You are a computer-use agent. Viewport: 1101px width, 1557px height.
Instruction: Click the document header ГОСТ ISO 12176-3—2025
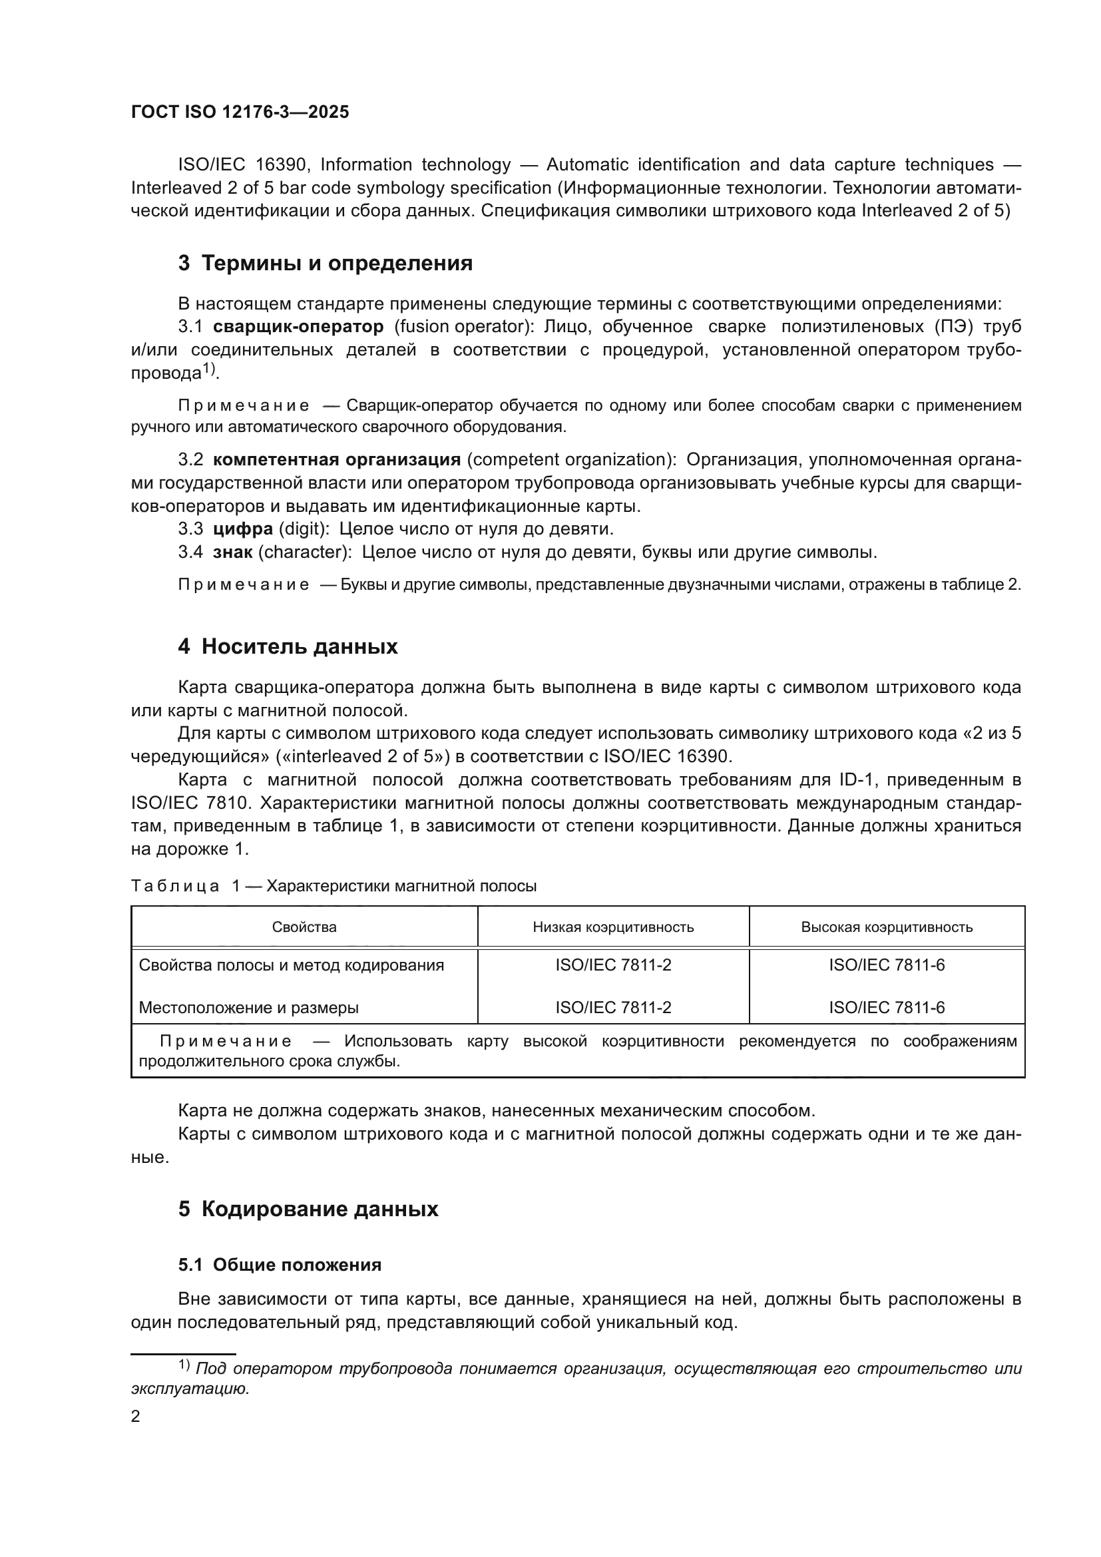[240, 112]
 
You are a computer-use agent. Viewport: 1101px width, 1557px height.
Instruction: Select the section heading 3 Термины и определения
[325, 263]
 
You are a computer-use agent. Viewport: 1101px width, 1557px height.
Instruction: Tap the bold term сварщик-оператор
[298, 326]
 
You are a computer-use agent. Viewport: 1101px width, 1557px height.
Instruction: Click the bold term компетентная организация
[336, 459]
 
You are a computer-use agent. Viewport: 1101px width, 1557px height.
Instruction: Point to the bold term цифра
[243, 529]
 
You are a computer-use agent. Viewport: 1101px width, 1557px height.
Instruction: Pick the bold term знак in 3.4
[232, 551]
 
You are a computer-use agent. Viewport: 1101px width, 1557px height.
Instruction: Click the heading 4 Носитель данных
[288, 646]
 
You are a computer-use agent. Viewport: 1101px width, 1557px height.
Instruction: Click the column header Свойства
[304, 927]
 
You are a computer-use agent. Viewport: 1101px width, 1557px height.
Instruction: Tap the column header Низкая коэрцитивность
[613, 927]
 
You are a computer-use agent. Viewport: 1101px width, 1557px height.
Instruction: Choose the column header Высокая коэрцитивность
[886, 927]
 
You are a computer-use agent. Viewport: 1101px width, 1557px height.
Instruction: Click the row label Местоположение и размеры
[249, 1008]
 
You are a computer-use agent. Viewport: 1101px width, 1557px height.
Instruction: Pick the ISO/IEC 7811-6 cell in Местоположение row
[886, 1008]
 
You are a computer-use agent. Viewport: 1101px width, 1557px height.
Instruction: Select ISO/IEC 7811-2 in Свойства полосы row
[613, 965]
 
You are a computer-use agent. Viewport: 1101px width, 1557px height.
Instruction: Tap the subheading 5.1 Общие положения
[280, 1265]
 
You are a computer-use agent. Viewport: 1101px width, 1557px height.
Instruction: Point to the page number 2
[136, 1416]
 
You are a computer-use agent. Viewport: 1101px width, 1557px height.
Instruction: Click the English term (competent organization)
[572, 459]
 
